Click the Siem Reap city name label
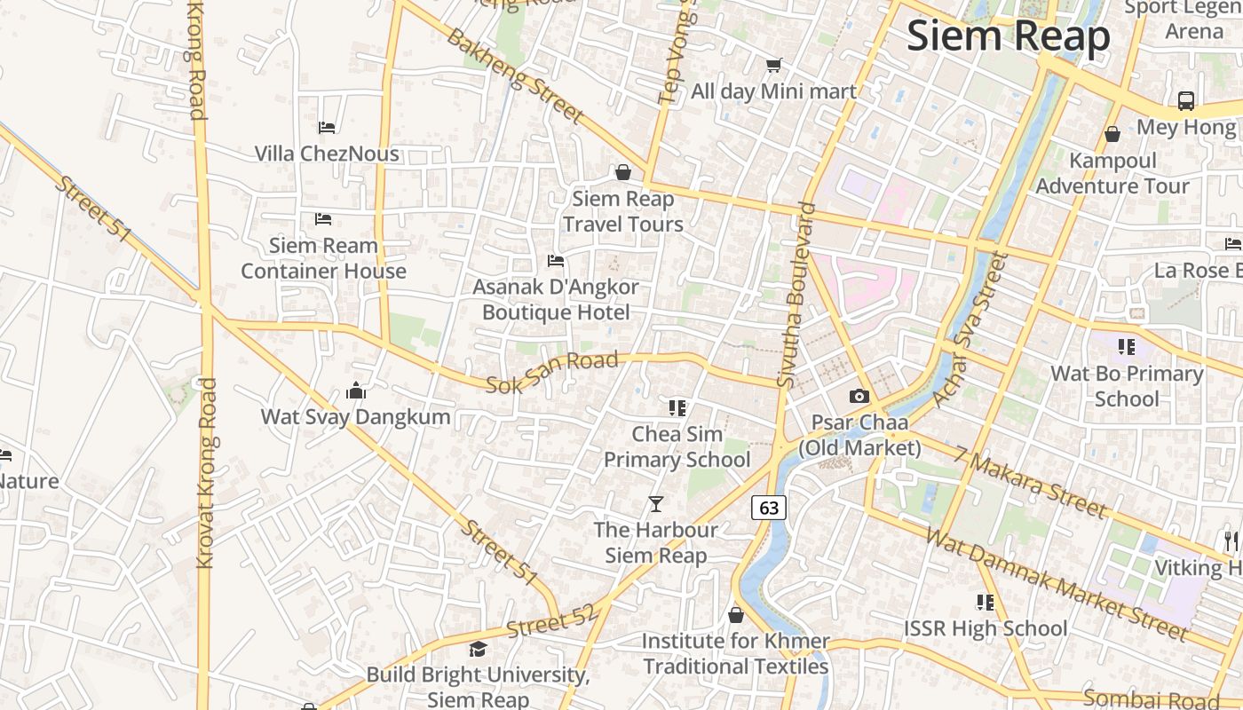click(1009, 36)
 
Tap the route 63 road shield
click(769, 508)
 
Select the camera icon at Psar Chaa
click(859, 396)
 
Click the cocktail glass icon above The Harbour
click(656, 504)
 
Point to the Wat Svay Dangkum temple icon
click(356, 390)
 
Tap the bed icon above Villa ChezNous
click(327, 128)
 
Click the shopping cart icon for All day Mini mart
click(773, 65)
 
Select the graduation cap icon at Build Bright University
click(478, 649)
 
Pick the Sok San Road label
click(552, 373)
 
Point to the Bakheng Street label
click(515, 75)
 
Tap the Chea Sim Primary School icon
click(677, 408)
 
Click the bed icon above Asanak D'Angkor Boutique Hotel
click(556, 261)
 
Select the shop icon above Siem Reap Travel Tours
click(623, 172)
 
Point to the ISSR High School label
click(986, 628)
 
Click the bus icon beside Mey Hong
click(1186, 100)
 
